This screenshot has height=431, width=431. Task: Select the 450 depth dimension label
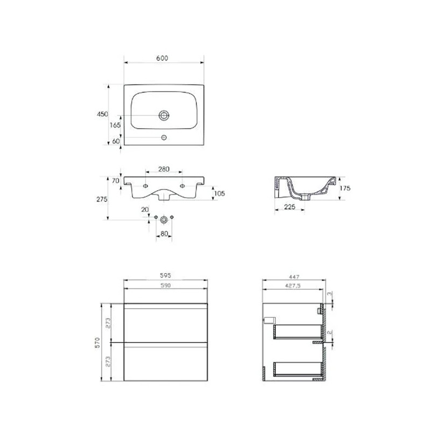pyautogui.click(x=102, y=114)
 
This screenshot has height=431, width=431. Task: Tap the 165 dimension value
pyautogui.click(x=115, y=125)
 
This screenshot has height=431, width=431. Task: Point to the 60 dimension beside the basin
pyautogui.click(x=116, y=141)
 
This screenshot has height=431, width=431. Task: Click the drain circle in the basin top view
pyautogui.click(x=164, y=115)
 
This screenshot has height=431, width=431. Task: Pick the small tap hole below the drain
pyautogui.click(x=164, y=138)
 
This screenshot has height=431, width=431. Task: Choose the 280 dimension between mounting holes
pyautogui.click(x=164, y=169)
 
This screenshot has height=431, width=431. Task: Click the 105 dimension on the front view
pyautogui.click(x=219, y=193)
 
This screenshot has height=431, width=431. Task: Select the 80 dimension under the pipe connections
pyautogui.click(x=164, y=234)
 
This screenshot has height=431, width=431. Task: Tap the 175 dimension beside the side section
pyautogui.click(x=345, y=188)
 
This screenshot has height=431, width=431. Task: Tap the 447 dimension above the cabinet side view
pyautogui.click(x=294, y=275)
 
